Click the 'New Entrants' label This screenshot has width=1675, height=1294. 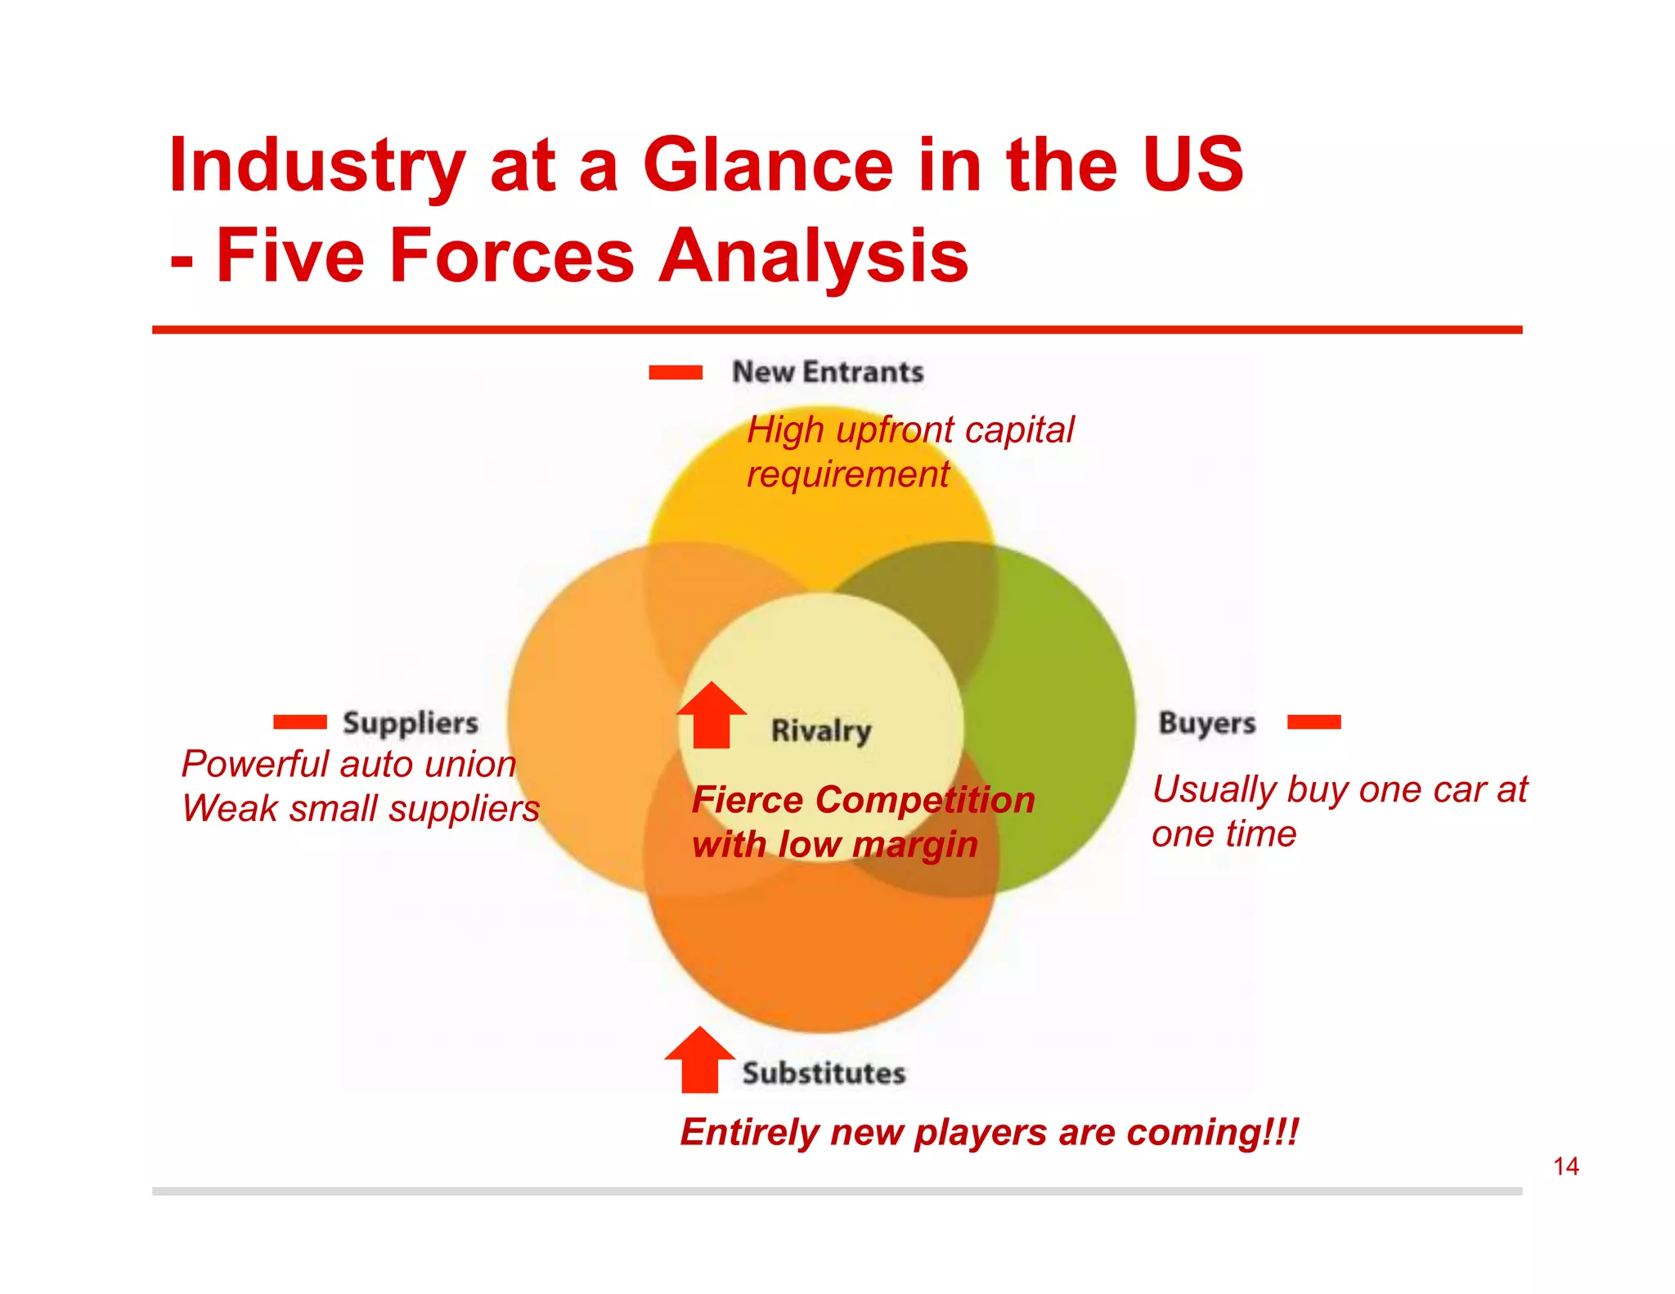coord(827,372)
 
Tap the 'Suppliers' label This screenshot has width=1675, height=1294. coord(410,723)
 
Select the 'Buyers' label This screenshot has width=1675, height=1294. coord(1206,723)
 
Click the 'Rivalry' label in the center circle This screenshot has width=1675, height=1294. coord(820,730)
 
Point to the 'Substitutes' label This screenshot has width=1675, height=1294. coord(824,1073)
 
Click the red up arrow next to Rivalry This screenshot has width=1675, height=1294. coord(711,717)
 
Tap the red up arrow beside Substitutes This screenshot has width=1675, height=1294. coord(699,1062)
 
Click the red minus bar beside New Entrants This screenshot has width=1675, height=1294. coord(675,373)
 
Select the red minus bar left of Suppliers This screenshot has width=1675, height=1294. coord(299,721)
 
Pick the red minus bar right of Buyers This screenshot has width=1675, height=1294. coord(1314,721)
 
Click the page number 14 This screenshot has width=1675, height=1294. coord(1565,1166)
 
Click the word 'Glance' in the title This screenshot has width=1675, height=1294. coord(768,165)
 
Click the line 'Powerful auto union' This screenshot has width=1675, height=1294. coord(348,764)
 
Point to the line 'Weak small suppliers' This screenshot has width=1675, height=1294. coord(360,809)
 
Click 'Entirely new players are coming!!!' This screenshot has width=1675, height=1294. coord(989,1133)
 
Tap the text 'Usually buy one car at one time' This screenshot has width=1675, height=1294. coord(1338,811)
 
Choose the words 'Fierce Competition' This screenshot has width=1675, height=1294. coord(863,800)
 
